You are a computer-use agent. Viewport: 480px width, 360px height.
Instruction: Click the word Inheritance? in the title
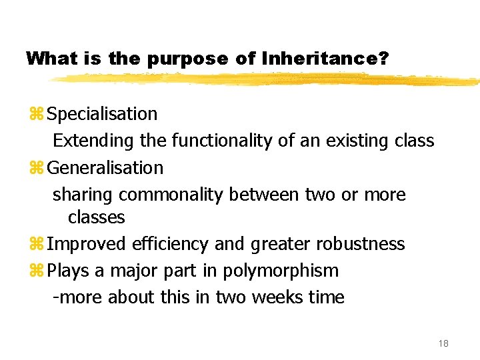coord(326,59)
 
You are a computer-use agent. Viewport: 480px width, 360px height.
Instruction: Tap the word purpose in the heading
coord(187,59)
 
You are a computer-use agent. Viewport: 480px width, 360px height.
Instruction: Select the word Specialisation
coord(102,114)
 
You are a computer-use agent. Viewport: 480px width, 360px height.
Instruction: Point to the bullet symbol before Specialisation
coord(36,114)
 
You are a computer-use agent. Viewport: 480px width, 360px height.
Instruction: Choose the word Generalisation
coord(105,167)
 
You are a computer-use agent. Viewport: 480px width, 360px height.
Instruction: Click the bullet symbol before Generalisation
coord(36,167)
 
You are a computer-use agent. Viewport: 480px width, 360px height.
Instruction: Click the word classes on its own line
coord(96,217)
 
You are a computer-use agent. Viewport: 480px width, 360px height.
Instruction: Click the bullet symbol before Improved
coord(36,244)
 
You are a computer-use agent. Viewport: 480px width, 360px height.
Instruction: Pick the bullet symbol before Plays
coord(36,271)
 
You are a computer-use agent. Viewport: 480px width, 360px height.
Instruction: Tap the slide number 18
coord(443,343)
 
